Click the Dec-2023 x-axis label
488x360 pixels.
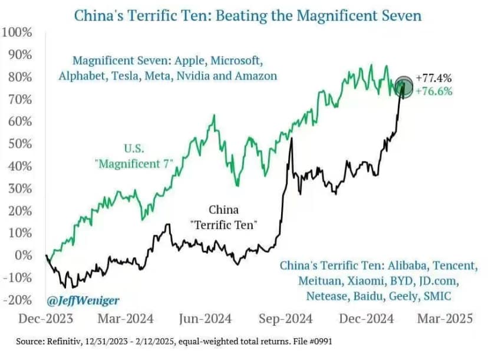[x=47, y=319]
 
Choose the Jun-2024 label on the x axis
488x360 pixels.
[x=205, y=319]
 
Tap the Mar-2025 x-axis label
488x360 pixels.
[x=445, y=319]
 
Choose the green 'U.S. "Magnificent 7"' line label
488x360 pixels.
[x=133, y=157]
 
